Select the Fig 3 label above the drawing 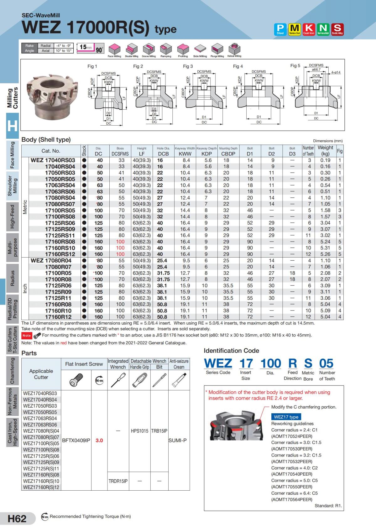(188, 66)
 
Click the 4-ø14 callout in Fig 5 (336, 72)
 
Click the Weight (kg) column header (325, 151)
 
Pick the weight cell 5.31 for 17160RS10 (325, 248)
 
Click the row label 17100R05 (58, 273)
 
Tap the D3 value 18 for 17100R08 (292, 279)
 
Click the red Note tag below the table (27, 336)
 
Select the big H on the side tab (13, 126)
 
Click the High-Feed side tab (13, 216)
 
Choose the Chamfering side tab (13, 371)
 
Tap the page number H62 (17, 519)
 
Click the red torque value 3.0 (99, 440)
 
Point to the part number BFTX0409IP (76, 440)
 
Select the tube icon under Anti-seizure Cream (179, 380)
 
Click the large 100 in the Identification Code (270, 363)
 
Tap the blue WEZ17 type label (286, 417)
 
